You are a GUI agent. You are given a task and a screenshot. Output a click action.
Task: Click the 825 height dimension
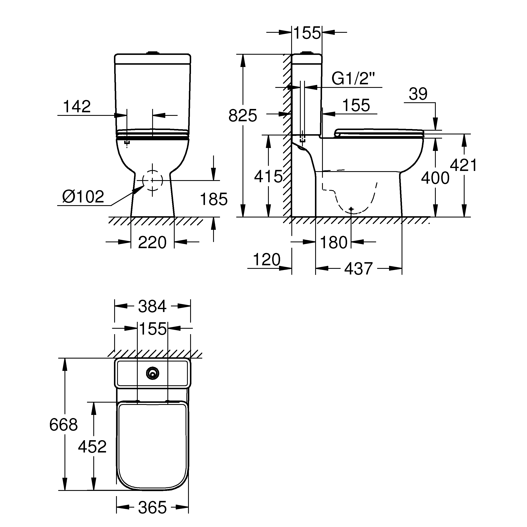243,116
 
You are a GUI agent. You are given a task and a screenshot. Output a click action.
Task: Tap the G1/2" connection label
353,79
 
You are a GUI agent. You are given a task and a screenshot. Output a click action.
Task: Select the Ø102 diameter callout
83,196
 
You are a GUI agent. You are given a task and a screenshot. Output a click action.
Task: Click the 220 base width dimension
152,242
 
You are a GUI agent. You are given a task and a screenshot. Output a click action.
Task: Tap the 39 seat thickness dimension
418,94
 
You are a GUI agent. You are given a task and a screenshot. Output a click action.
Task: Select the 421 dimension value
463,165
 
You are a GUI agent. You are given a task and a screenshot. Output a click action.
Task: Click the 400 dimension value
435,178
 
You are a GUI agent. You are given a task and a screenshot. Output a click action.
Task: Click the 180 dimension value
334,242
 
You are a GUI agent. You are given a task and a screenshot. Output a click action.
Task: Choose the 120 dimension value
267,259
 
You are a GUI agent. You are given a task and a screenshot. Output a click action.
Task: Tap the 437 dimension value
358,268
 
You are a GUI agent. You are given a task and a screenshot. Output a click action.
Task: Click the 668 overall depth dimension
64,425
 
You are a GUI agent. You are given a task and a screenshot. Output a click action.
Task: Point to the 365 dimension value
152,508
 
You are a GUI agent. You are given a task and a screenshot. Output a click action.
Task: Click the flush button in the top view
153,373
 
